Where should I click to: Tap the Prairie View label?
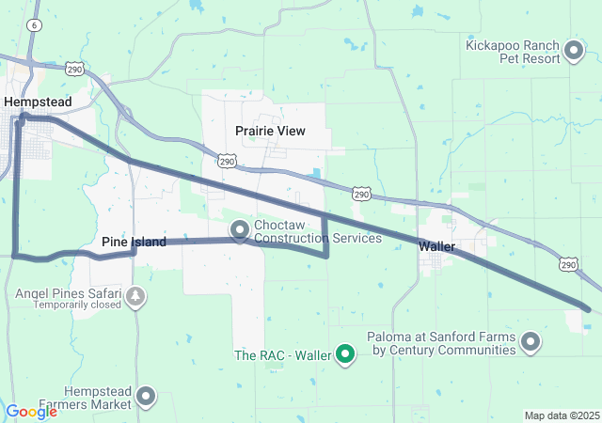click(270, 131)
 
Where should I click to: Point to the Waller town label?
click(436, 246)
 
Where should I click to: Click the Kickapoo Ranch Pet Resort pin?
click(575, 51)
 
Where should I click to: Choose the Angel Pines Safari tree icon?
click(136, 298)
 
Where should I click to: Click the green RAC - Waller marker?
click(346, 354)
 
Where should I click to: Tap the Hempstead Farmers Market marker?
click(146, 397)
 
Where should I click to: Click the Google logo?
click(31, 411)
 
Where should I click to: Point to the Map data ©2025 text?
click(562, 415)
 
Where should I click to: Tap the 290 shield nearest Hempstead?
click(75, 69)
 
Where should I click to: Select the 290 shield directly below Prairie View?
click(227, 162)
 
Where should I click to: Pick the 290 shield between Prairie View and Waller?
click(362, 194)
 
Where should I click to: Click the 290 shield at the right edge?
click(567, 265)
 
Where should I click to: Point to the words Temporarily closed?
click(78, 305)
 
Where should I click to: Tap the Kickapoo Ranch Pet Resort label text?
click(512, 51)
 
